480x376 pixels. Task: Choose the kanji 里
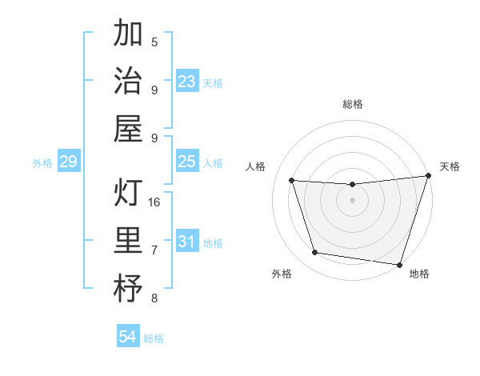[x=128, y=241]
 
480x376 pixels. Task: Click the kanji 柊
[x=128, y=289]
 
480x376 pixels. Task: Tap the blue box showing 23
[x=187, y=82]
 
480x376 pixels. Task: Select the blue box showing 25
[x=187, y=162]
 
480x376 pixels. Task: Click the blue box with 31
[x=187, y=242]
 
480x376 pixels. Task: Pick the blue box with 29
[x=68, y=162]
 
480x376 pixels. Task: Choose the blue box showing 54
[x=128, y=337]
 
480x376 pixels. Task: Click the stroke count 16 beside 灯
[x=155, y=202]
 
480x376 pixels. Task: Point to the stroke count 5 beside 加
[x=154, y=42]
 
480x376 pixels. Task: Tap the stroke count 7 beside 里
[x=154, y=250]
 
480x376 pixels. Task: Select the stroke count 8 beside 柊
[x=154, y=298]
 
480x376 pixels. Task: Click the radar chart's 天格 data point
[x=429, y=176]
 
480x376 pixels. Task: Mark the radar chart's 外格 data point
[x=314, y=253]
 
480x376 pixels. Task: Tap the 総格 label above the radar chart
[x=353, y=104]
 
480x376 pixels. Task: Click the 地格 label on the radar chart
[x=419, y=274]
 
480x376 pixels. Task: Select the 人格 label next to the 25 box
[x=213, y=163]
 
